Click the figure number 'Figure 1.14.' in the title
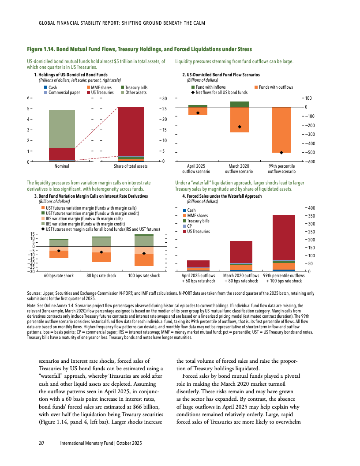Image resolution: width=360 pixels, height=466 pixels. [40, 49]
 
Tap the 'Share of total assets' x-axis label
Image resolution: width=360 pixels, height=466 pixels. [131, 166]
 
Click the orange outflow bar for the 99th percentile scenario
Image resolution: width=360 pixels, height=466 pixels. [281, 130]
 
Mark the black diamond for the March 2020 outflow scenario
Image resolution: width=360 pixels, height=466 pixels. [240, 127]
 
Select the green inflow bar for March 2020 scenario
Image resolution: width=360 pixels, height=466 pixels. [240, 104]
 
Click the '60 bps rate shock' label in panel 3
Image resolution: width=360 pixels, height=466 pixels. [59, 276]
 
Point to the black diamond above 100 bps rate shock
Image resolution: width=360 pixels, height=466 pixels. [144, 253]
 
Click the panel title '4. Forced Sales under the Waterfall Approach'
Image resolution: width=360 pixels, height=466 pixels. [222, 196]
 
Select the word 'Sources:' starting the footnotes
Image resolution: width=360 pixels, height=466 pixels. [34, 293]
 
